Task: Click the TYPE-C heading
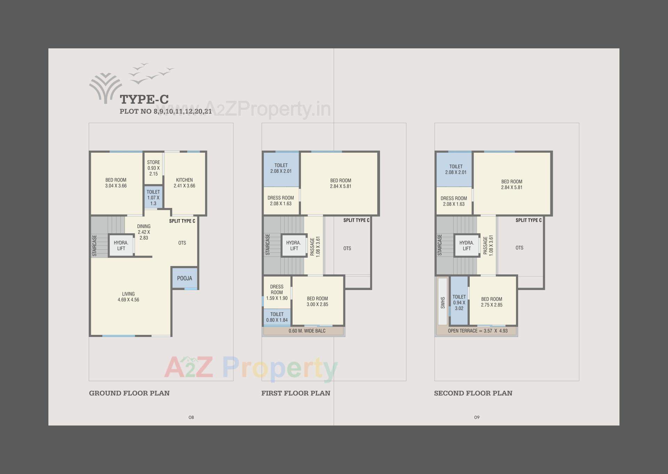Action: (144, 99)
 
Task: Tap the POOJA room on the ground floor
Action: (184, 278)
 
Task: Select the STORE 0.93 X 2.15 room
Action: (153, 168)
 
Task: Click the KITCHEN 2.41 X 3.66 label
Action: (184, 183)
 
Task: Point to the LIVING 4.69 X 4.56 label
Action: (128, 297)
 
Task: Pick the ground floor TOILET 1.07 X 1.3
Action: (153, 198)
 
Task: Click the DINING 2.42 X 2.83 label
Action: (144, 232)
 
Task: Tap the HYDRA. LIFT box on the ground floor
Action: (121, 246)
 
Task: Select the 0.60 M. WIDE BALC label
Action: (307, 331)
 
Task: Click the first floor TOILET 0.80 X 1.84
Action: (277, 317)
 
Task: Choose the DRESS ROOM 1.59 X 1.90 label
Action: (277, 292)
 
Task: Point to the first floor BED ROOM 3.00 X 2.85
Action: (317, 301)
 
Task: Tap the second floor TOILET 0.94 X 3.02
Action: (459, 302)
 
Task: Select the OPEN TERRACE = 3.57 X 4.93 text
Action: (477, 331)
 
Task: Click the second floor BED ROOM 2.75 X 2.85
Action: (492, 302)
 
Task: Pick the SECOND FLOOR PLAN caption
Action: (473, 393)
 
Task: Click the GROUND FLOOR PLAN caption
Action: (129, 393)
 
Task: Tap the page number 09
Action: (477, 417)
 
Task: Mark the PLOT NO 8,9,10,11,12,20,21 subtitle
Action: (166, 112)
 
